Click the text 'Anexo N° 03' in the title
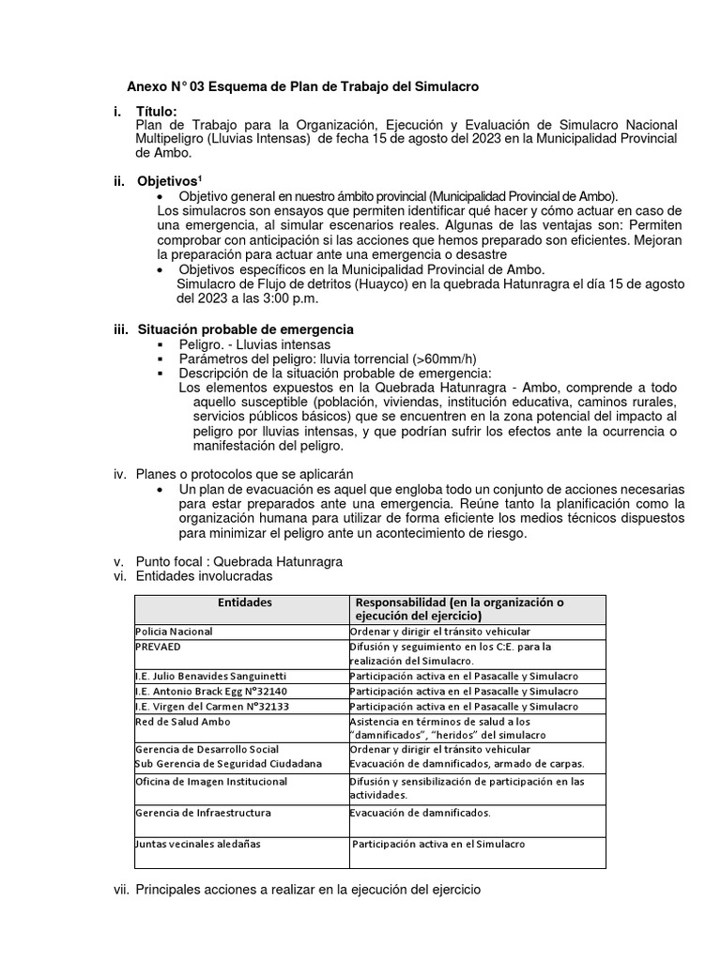tap(165, 86)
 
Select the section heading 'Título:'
tap(156, 112)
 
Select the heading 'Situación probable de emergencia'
tap(245, 329)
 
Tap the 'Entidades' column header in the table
tap(244, 603)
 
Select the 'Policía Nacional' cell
tap(175, 633)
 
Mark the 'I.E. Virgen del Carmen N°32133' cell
tap(211, 706)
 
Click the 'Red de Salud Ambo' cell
tap(183, 721)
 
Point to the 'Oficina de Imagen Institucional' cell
tap(211, 781)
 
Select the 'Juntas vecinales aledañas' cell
tap(198, 844)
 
